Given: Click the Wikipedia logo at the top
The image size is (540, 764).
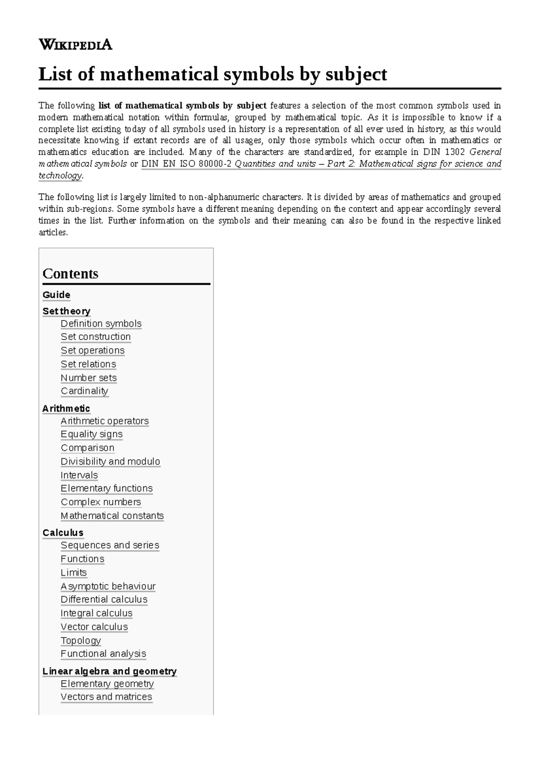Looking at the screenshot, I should [x=75, y=45].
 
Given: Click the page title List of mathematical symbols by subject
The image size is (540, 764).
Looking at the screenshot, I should [x=212, y=74].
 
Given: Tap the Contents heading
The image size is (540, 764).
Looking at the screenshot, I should [x=70, y=274].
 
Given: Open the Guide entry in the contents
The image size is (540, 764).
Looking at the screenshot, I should [x=56, y=295].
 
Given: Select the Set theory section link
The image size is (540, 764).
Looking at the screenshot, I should [x=66, y=311].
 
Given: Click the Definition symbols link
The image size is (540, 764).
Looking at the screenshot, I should [x=101, y=324].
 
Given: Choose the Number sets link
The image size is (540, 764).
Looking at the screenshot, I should [x=89, y=378].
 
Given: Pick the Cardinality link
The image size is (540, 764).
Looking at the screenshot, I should [x=84, y=391].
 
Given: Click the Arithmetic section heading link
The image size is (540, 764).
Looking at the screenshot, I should [x=66, y=409].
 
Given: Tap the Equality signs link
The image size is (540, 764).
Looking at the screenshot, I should [x=91, y=434].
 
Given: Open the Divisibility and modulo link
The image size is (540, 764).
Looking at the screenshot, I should [x=110, y=462].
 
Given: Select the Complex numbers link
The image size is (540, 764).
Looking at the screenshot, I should [x=101, y=502].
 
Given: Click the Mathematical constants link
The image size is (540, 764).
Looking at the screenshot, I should [x=112, y=516].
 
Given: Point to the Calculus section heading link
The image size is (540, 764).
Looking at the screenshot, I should [x=63, y=533].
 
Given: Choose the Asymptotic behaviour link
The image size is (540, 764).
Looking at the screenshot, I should [x=108, y=586].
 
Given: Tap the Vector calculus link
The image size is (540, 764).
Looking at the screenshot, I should [x=94, y=627].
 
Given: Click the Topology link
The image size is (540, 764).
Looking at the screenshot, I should [x=81, y=640].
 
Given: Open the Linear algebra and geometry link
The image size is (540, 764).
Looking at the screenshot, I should [x=109, y=671].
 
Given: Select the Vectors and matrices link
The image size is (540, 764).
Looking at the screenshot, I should [x=106, y=697].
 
